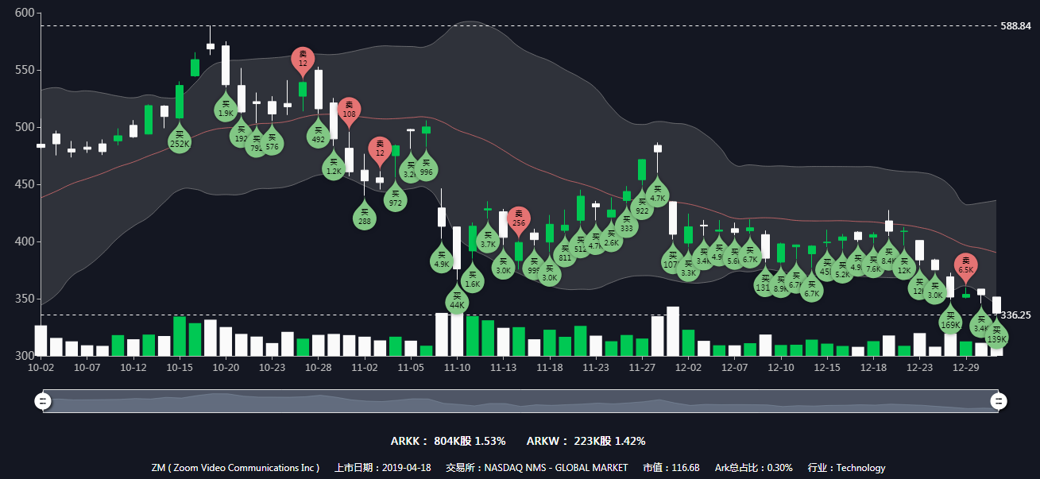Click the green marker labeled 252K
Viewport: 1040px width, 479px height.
point(180,141)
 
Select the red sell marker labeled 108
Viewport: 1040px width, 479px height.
point(349,110)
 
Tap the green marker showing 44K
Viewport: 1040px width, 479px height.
point(457,301)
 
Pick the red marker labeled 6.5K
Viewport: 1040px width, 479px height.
point(965,266)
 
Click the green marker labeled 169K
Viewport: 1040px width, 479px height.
point(950,321)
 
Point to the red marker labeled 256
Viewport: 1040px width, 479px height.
point(519,219)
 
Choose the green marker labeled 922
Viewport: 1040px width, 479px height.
point(643,207)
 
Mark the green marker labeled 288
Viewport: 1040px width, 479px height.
point(365,218)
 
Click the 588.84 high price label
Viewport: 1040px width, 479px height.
point(1015,26)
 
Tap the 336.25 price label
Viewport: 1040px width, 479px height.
point(1015,315)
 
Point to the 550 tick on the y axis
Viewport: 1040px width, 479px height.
point(25,71)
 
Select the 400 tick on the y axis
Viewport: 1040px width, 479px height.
point(25,241)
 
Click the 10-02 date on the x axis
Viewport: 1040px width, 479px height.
point(41,369)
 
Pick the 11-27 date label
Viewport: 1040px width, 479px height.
point(642,369)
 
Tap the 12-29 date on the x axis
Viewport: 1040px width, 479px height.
point(965,369)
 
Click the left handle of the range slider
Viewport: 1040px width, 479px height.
point(43,401)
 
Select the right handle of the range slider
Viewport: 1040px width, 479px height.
point(999,401)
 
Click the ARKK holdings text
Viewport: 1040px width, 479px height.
point(447,441)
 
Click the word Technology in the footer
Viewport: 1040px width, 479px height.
point(860,468)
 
